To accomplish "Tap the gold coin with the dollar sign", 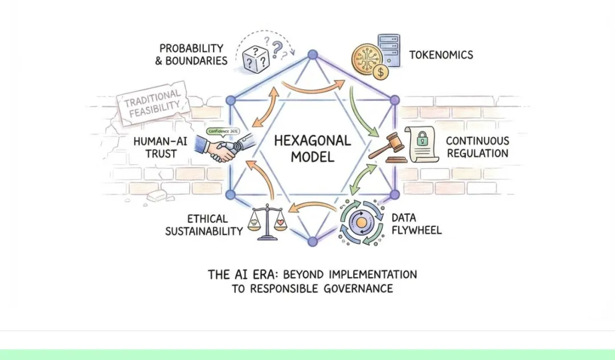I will [379, 72].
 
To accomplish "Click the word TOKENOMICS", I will [441, 55].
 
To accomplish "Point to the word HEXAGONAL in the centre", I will [312, 140].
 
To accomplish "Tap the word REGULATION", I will [477, 153].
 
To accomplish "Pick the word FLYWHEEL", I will [416, 231].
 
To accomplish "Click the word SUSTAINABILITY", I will [204, 231].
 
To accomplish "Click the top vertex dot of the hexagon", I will [312, 55].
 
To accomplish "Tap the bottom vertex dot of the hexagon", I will [312, 242].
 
